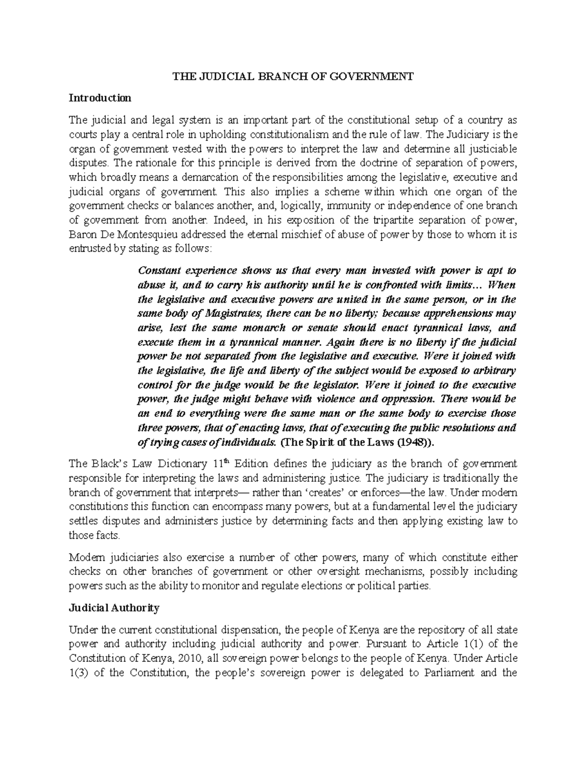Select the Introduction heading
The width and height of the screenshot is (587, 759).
click(x=100, y=98)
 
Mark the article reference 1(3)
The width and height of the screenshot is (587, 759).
click(x=80, y=672)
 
